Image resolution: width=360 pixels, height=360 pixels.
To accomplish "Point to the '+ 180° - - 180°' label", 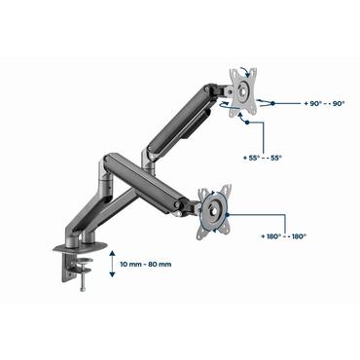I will click(286, 235).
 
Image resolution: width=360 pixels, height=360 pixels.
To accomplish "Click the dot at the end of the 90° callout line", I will click(273, 101).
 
